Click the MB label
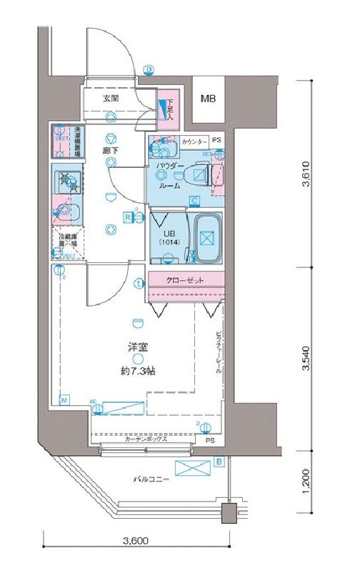pos(208,99)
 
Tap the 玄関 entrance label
pos(111,98)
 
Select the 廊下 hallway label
pos(109,151)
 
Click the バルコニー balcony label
pos(151,479)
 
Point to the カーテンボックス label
pos(145,439)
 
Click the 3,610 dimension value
pos(306,172)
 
